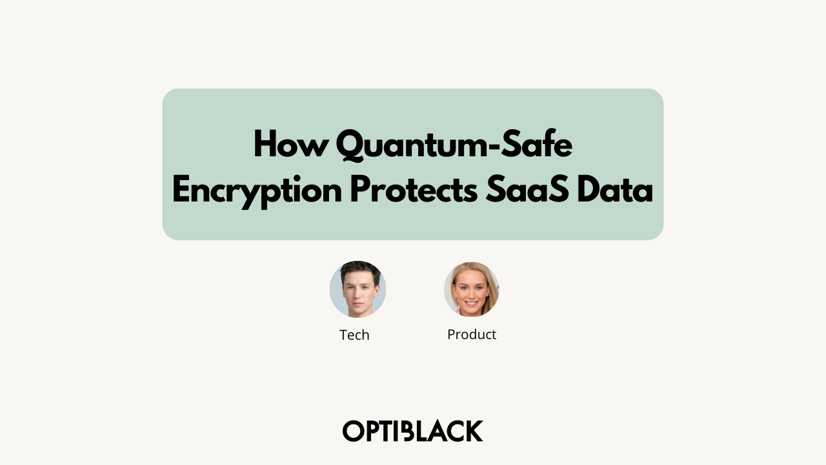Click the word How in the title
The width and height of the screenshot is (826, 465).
(x=290, y=145)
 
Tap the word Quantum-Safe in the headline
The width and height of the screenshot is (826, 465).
(x=454, y=145)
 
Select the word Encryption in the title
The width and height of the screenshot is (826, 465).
(x=257, y=191)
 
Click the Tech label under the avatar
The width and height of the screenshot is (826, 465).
(x=354, y=335)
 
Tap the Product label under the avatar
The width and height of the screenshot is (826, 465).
(x=472, y=335)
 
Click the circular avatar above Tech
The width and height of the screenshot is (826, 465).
(x=358, y=289)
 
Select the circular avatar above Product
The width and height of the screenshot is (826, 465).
(x=472, y=289)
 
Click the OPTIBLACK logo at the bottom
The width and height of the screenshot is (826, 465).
(x=413, y=431)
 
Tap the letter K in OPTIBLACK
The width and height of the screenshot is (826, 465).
(x=474, y=431)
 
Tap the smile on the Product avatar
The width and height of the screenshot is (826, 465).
(x=471, y=302)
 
